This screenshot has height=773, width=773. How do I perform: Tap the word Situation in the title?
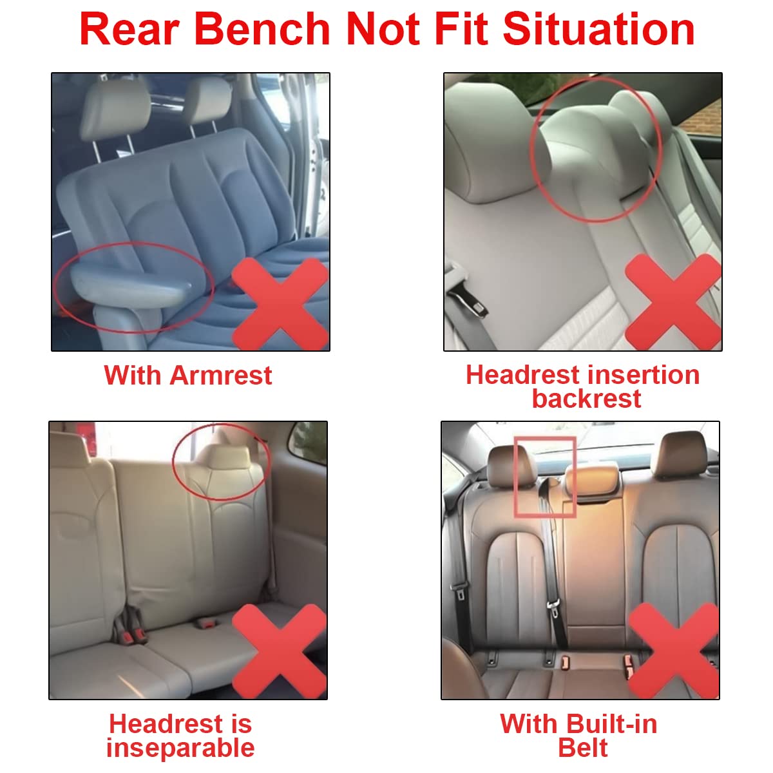point(599,29)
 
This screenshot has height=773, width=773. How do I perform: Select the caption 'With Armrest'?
point(188,375)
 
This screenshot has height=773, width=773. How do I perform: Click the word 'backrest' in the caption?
point(586,399)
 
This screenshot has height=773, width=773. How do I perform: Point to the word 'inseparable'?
point(180,748)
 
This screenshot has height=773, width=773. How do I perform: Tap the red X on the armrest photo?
point(280,303)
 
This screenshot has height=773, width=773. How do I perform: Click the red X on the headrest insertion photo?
point(673,301)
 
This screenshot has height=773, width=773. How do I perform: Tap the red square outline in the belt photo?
point(544,477)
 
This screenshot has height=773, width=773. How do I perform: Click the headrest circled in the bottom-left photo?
point(222,461)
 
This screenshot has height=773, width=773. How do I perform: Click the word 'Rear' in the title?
point(132,29)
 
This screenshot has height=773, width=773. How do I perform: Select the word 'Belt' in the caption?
point(582,748)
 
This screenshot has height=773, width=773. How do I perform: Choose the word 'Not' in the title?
point(384,29)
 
